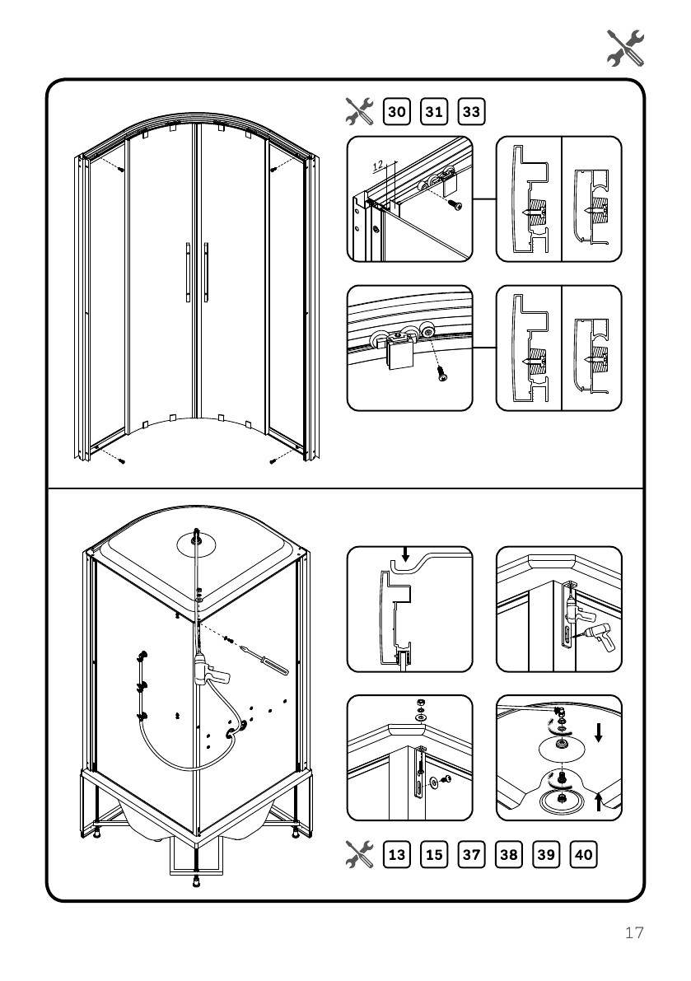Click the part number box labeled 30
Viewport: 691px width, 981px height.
pyautogui.click(x=397, y=110)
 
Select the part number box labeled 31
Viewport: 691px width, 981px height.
pyautogui.click(x=435, y=110)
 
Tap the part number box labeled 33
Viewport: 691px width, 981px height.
pyautogui.click(x=472, y=110)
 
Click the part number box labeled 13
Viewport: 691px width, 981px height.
pyautogui.click(x=397, y=854)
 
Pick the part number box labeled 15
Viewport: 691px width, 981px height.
pyautogui.click(x=434, y=854)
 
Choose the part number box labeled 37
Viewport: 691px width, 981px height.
pyautogui.click(x=471, y=854)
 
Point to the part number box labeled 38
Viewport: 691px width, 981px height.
pyautogui.click(x=509, y=854)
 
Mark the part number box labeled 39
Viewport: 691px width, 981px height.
pyautogui.click(x=546, y=854)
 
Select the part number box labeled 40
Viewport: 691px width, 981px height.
pyautogui.click(x=583, y=854)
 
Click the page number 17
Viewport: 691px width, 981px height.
pyautogui.click(x=633, y=933)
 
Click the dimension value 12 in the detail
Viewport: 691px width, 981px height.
pyautogui.click(x=378, y=165)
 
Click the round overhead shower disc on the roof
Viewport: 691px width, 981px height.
pyautogui.click(x=195, y=544)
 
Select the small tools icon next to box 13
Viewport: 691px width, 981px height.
pyautogui.click(x=360, y=854)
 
